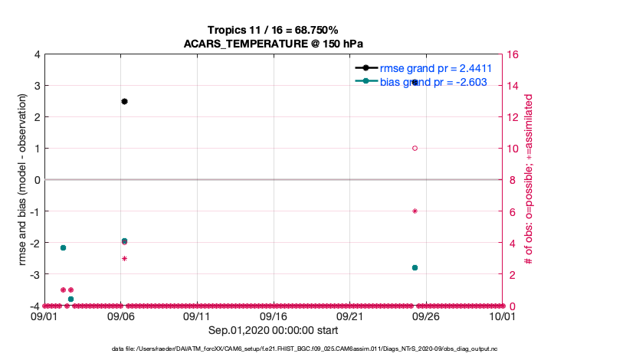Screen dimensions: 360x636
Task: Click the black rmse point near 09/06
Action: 124,101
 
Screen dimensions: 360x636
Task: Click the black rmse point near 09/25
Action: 415,82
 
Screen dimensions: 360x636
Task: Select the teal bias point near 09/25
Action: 415,267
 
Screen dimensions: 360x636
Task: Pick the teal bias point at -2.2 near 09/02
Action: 63,247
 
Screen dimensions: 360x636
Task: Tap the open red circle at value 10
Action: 415,148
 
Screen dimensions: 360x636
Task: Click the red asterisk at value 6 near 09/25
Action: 415,211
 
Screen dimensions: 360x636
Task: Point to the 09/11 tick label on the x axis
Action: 197,316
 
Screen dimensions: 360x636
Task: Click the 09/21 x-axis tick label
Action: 349,316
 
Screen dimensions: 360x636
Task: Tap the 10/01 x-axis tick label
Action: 502,316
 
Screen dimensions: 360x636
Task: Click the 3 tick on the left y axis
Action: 37,85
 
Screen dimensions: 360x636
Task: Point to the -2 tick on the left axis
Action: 35,243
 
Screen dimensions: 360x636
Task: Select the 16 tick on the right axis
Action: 513,54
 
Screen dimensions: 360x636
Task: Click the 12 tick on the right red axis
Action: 513,117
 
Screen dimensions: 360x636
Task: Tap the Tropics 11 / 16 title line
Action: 273,30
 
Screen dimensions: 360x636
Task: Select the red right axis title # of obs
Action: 529,180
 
